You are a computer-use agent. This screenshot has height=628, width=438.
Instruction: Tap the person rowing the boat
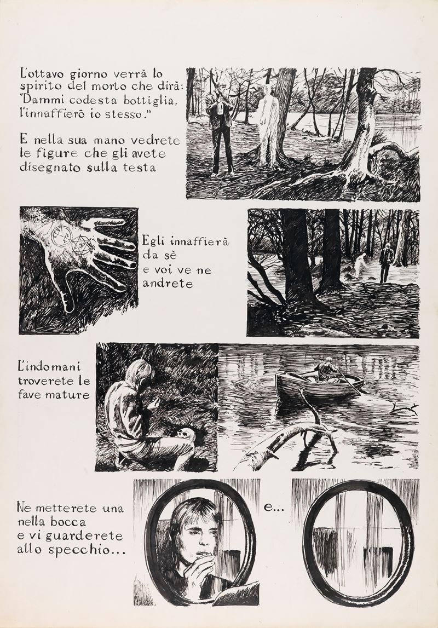point(326,370)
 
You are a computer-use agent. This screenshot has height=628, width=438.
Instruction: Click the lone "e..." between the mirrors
point(273,509)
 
